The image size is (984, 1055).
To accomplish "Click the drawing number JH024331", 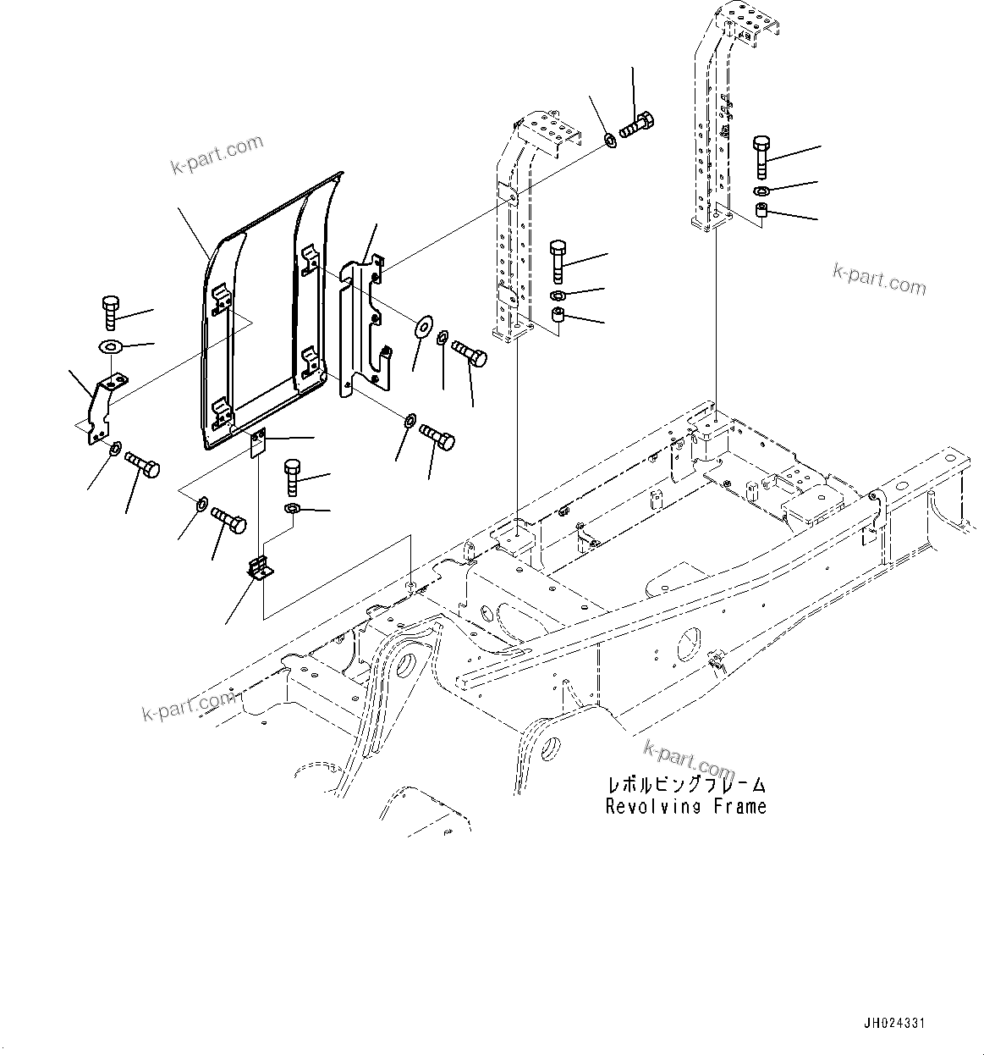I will click(893, 1024).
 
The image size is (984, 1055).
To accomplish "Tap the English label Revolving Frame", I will click(685, 807).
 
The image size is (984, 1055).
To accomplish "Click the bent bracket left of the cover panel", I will click(102, 406).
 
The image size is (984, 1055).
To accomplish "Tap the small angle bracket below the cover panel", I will click(261, 568).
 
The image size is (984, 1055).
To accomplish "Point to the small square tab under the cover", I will click(258, 443).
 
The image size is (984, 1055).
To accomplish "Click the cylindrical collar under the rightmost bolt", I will click(761, 210).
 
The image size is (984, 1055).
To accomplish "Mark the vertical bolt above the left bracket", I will click(110, 312).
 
